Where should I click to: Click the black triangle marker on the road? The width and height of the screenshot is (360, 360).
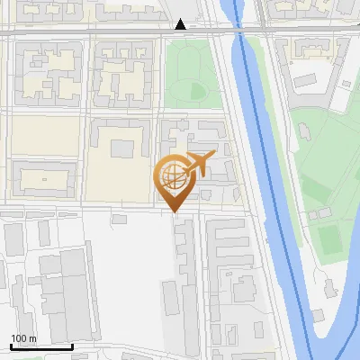181,24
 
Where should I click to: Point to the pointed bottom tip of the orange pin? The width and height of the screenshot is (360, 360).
175,211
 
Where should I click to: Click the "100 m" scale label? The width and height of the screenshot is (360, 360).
23,338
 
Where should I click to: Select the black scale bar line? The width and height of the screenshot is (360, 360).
41,346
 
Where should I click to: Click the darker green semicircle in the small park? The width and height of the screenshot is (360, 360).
197,90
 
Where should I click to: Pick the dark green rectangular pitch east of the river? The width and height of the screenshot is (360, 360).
328,239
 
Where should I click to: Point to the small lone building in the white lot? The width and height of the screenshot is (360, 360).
118,220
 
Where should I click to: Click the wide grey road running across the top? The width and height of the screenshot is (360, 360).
90,31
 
